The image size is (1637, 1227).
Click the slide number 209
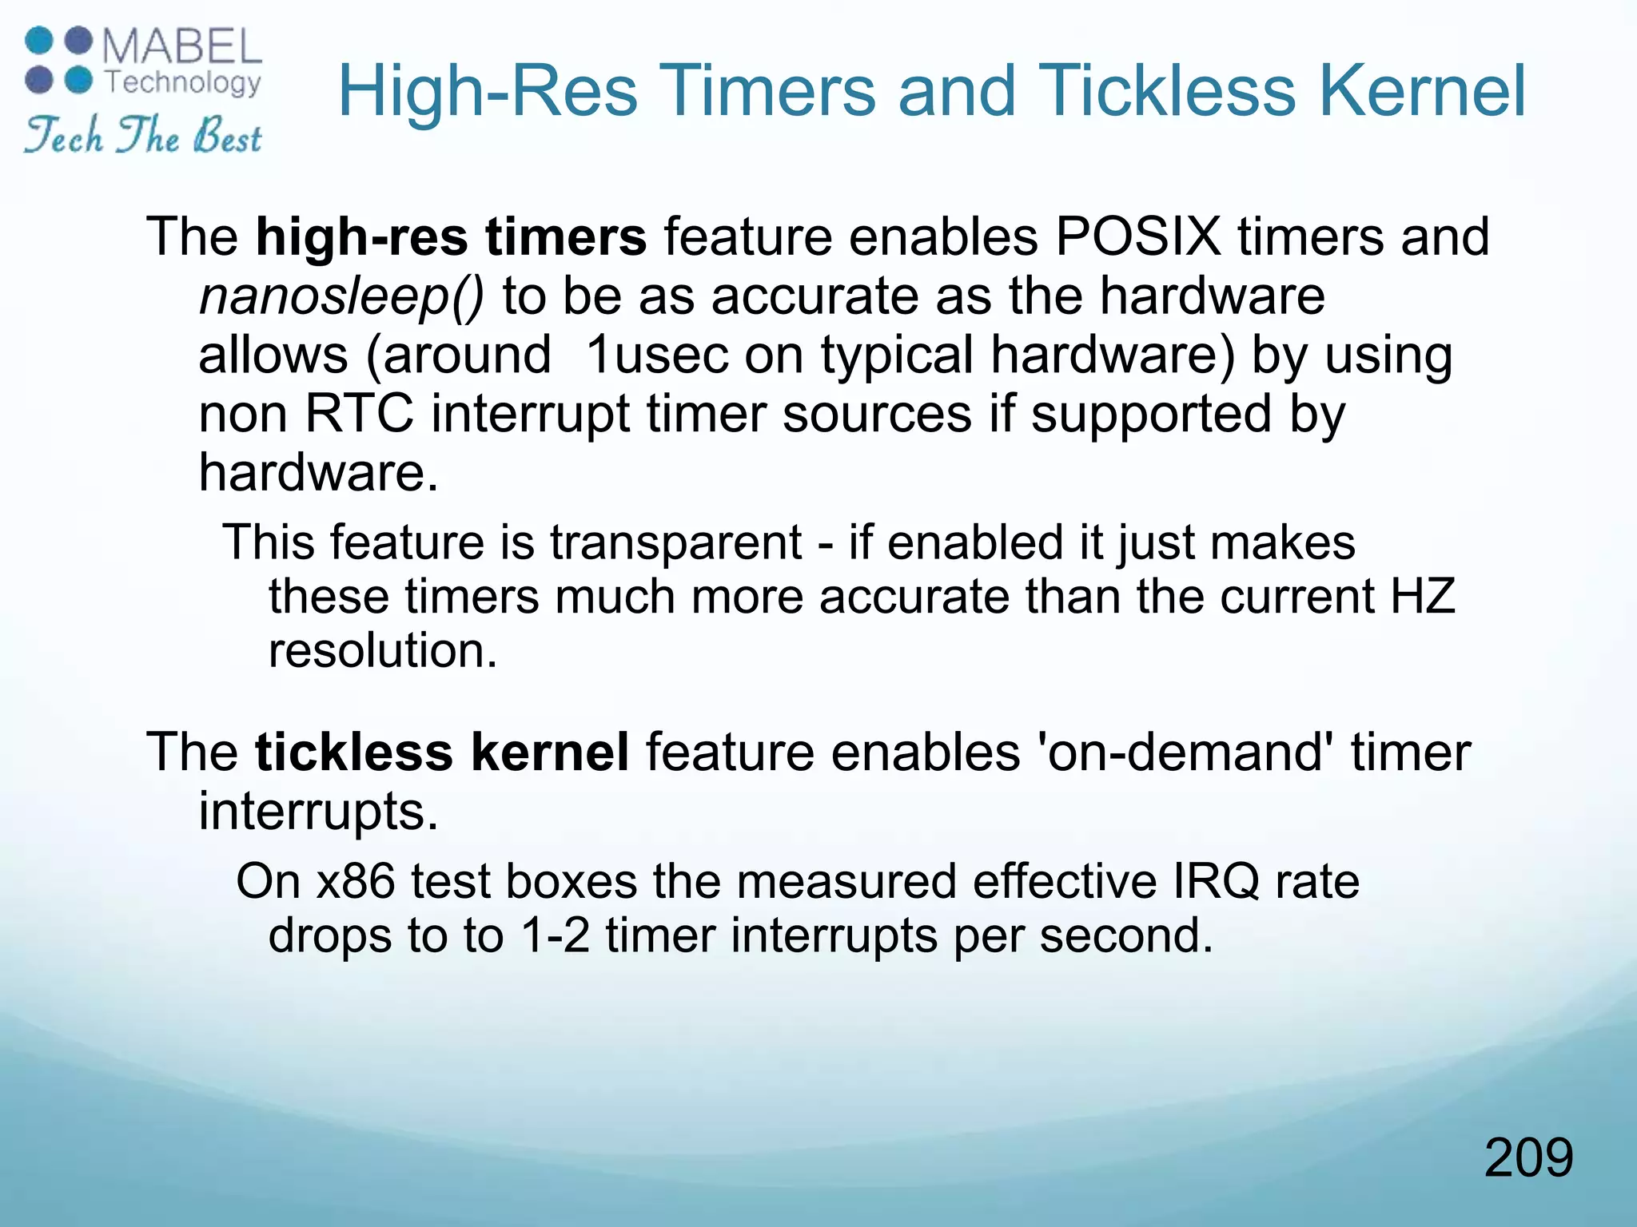click(x=1528, y=1158)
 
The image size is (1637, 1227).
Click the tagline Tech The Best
click(x=143, y=135)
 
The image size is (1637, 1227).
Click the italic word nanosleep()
click(x=341, y=296)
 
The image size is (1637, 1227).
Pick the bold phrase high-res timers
click(x=451, y=236)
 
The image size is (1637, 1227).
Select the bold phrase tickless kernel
click(x=441, y=752)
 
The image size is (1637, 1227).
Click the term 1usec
click(x=657, y=355)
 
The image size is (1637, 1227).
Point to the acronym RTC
click(x=360, y=414)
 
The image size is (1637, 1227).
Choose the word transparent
click(x=675, y=542)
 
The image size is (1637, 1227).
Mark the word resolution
click(x=383, y=650)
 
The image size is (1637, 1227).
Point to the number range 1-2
click(x=554, y=935)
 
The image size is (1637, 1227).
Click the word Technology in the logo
click(x=183, y=81)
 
